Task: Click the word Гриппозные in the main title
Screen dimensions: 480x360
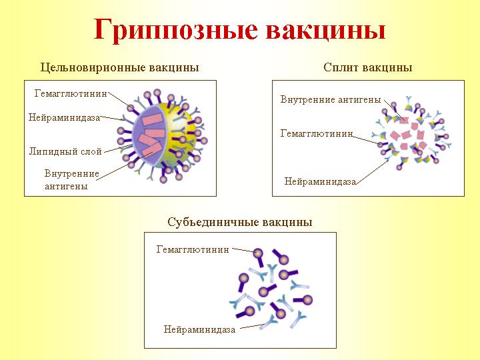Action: click(x=175, y=30)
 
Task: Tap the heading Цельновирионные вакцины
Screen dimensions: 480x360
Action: click(x=120, y=67)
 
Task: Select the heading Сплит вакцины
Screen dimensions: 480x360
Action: click(x=367, y=67)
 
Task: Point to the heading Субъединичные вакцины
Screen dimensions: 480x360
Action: click(x=240, y=222)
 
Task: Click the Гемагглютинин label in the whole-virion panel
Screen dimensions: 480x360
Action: click(x=71, y=93)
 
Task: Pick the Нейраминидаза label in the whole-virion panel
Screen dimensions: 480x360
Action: click(x=64, y=117)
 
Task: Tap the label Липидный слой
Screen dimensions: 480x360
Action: click(x=65, y=151)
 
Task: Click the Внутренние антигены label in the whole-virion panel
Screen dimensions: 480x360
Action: click(x=72, y=180)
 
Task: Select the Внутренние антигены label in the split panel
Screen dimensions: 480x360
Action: click(x=331, y=99)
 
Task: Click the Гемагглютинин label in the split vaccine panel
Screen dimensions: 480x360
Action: click(x=317, y=133)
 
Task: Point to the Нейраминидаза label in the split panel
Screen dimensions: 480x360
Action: click(x=320, y=181)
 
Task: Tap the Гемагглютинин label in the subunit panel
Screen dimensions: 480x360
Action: click(x=193, y=249)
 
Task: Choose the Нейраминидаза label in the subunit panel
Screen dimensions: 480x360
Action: click(x=199, y=329)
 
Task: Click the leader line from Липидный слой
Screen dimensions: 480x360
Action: click(x=118, y=148)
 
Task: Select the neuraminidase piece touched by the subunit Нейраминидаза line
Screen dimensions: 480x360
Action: click(x=269, y=321)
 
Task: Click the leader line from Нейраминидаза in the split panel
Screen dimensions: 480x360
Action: click(x=373, y=171)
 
